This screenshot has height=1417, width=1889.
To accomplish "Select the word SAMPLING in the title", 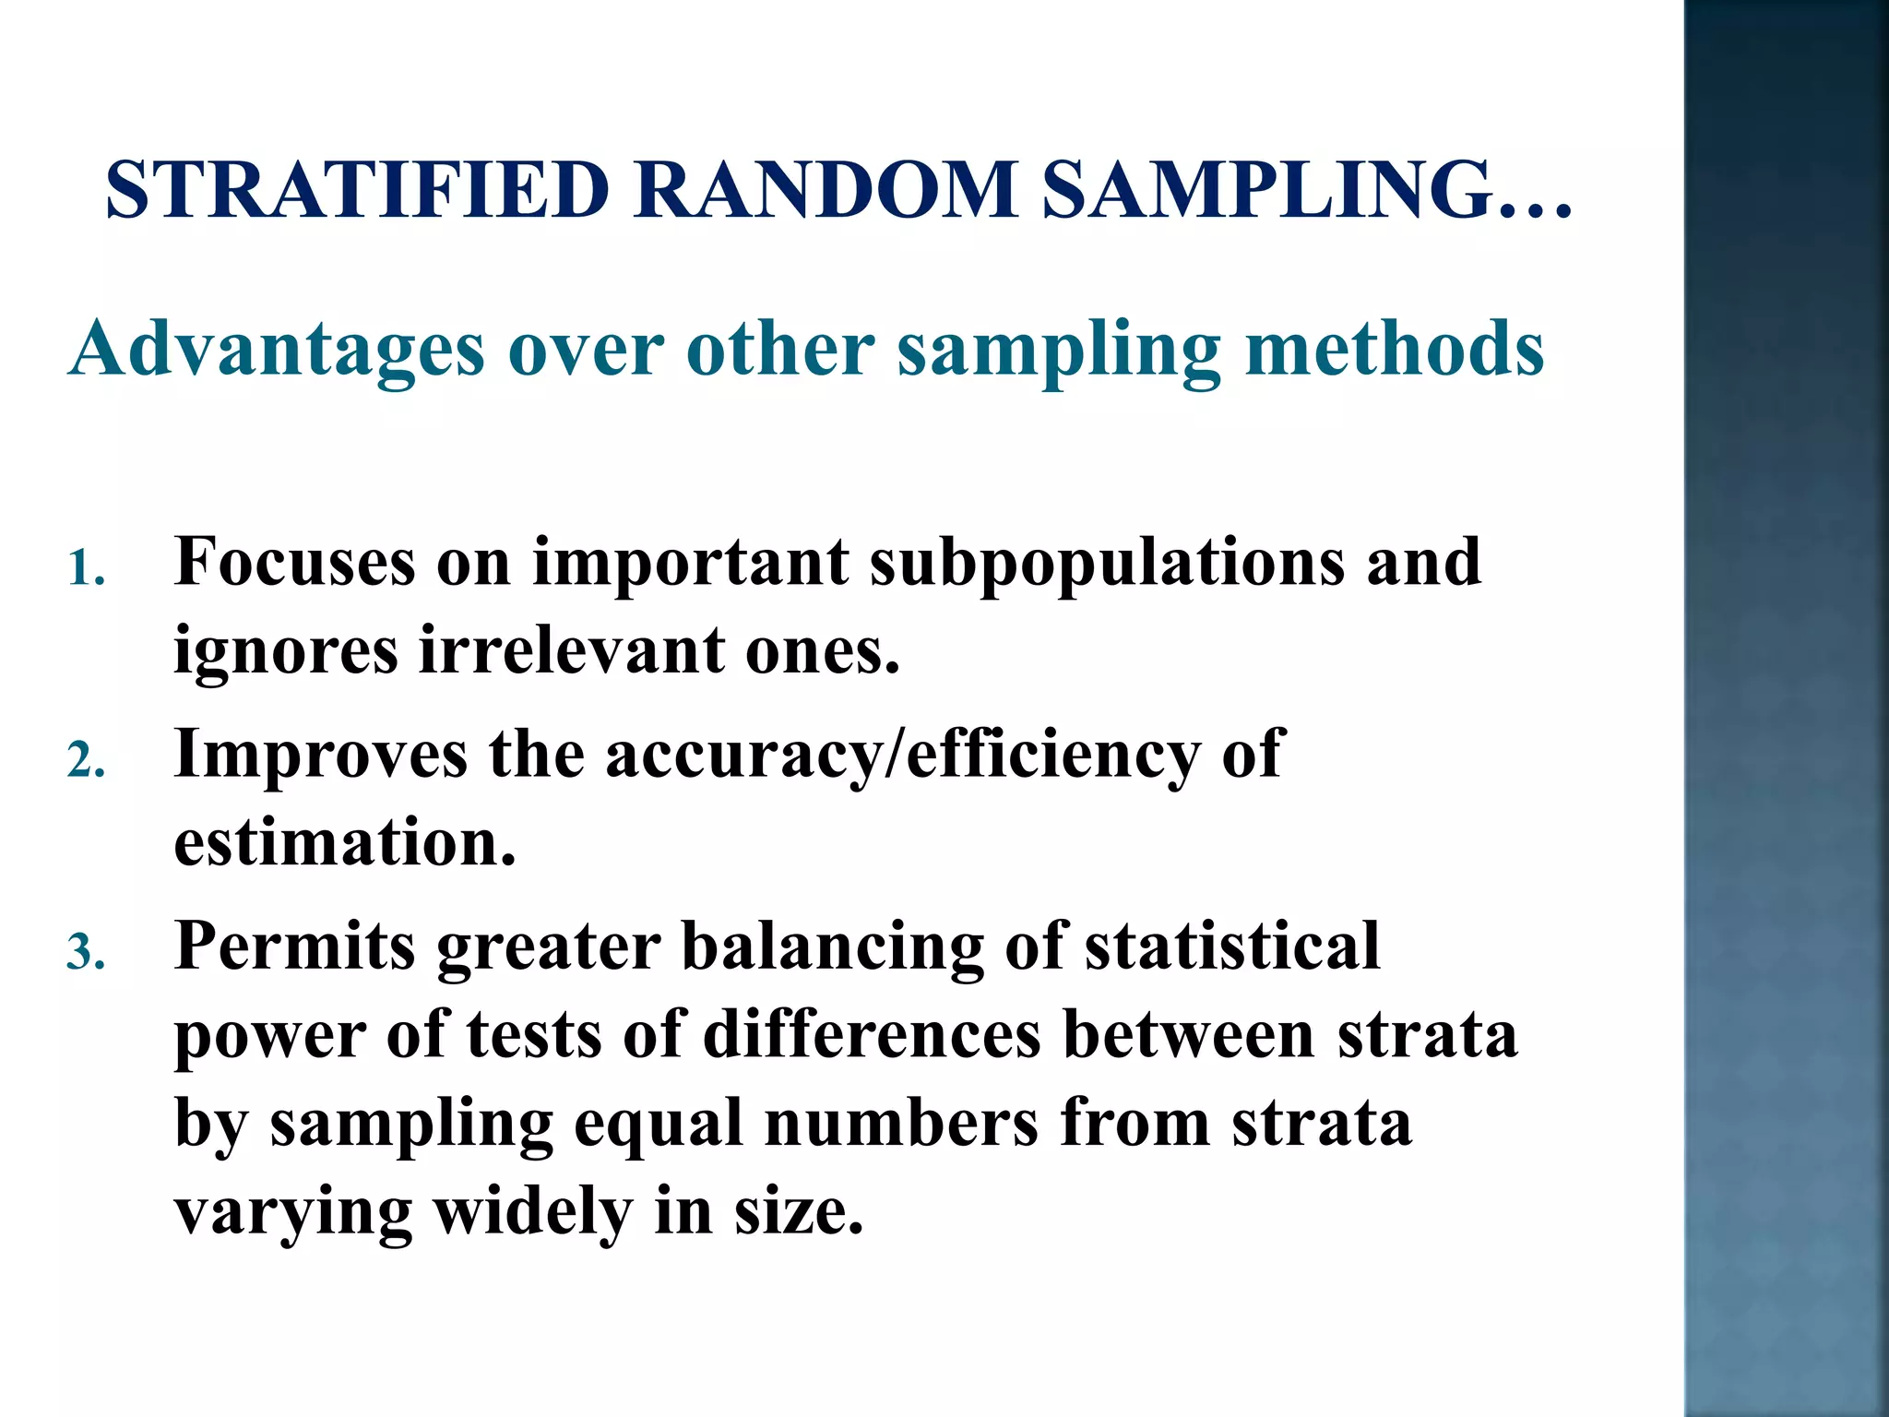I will coord(1268,190).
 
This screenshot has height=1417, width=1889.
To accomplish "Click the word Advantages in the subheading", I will coord(277,351).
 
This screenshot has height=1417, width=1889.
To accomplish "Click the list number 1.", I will coord(85,569).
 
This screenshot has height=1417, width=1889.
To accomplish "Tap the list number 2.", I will coord(85,762).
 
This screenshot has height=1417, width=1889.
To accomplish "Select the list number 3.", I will coord(85,953).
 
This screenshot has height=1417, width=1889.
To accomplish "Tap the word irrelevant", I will coord(571,649).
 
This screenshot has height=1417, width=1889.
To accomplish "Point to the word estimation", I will coord(344,842).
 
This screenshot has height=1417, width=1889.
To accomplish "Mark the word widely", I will coord(533,1212).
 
